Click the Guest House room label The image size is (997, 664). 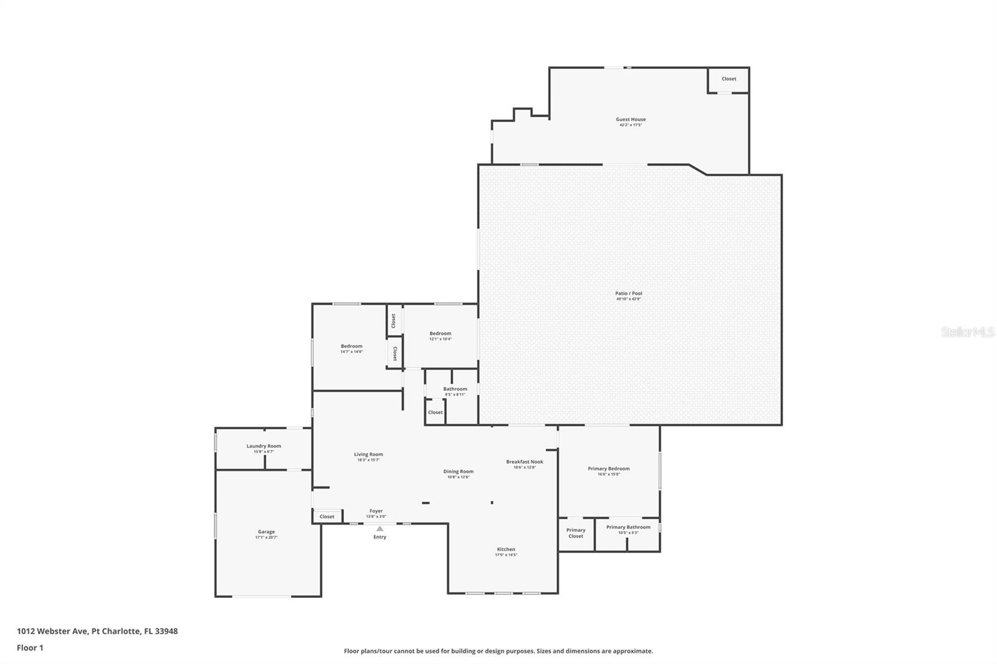tap(631, 120)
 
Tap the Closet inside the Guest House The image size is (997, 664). tap(728, 79)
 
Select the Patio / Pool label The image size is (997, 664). tap(628, 293)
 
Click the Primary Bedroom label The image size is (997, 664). tap(608, 469)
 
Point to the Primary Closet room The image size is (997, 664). tap(576, 533)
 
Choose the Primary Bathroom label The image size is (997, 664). tap(628, 528)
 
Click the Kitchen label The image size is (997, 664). tap(506, 549)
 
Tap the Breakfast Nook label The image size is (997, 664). tap(524, 462)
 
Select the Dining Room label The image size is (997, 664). tap(458, 472)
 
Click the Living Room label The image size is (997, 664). tap(368, 455)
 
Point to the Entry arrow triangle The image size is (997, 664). tap(379, 529)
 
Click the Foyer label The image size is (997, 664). tap(376, 511)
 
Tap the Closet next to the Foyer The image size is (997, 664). tap(327, 516)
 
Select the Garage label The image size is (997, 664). tap(266, 533)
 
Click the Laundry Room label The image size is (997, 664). tap(264, 446)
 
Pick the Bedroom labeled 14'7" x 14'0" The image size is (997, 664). tap(351, 346)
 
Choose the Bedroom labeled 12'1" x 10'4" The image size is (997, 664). tap(440, 334)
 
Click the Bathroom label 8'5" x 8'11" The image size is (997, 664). tap(455, 389)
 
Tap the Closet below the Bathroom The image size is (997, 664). tap(435, 412)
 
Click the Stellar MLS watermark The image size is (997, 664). tap(967, 333)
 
